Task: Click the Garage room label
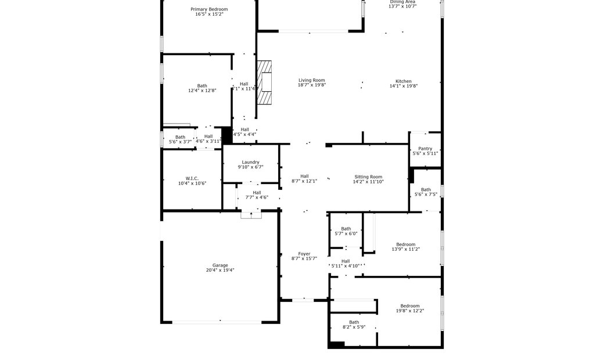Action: tap(220, 265)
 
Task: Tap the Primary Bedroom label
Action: tap(209, 9)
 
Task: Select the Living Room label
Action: tap(312, 80)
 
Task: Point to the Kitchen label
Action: tap(404, 81)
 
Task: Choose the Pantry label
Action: tap(425, 149)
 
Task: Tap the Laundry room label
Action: tap(250, 162)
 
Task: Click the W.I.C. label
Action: tap(192, 178)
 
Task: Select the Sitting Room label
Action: tap(369, 177)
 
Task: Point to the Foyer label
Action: tap(304, 254)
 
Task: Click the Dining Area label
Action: tap(402, 2)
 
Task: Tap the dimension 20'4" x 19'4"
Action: tap(220, 270)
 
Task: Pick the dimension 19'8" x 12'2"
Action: tap(409, 311)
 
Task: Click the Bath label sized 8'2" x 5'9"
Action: tap(354, 322)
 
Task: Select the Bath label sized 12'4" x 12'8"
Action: tap(202, 86)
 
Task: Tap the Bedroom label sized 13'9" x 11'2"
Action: tap(405, 244)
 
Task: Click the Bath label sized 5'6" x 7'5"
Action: tap(426, 189)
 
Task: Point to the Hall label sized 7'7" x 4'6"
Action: tap(257, 193)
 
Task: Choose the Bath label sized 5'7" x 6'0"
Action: tap(346, 229)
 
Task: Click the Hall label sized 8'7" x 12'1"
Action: tap(304, 177)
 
